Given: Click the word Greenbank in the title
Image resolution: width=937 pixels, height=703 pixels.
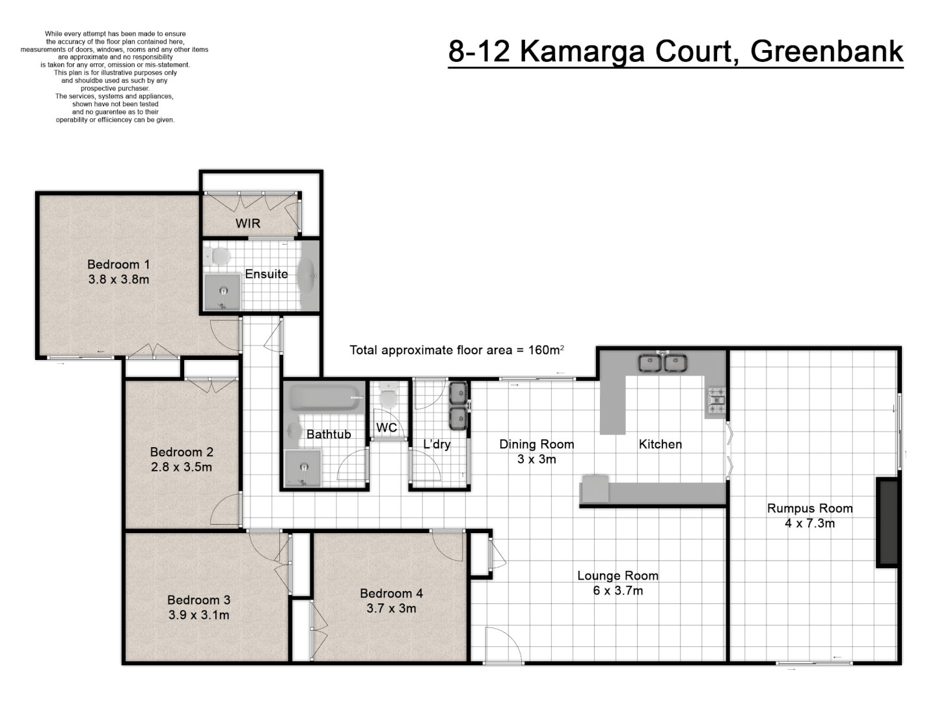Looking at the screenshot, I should [826, 51].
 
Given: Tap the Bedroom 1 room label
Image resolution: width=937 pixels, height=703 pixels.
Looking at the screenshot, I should [118, 264].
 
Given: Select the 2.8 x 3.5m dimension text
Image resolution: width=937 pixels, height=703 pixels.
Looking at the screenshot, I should [181, 467].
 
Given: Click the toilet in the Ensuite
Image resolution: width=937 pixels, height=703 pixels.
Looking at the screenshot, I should [221, 256].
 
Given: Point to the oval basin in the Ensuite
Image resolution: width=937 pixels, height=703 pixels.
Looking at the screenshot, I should [307, 275].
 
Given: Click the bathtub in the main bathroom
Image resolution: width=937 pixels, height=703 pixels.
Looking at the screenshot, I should [324, 396].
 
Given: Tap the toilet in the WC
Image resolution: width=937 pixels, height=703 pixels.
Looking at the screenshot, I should [388, 395].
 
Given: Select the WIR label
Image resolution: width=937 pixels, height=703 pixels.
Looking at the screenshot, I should [247, 223].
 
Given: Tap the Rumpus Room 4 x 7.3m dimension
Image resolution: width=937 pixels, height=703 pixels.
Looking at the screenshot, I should [809, 523].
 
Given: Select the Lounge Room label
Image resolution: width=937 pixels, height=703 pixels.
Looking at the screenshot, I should [618, 575].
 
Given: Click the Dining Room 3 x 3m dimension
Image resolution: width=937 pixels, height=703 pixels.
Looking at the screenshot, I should [536, 459].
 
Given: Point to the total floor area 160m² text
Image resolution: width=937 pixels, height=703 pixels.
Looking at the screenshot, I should [456, 350].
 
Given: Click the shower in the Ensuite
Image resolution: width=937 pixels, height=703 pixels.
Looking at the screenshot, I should [223, 292].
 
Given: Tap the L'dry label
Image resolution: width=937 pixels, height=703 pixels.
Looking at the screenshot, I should [437, 444].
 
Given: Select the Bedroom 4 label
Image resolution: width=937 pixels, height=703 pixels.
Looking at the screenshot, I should [391, 593].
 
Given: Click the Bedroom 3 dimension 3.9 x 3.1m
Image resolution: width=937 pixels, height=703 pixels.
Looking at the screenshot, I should [198, 614].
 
